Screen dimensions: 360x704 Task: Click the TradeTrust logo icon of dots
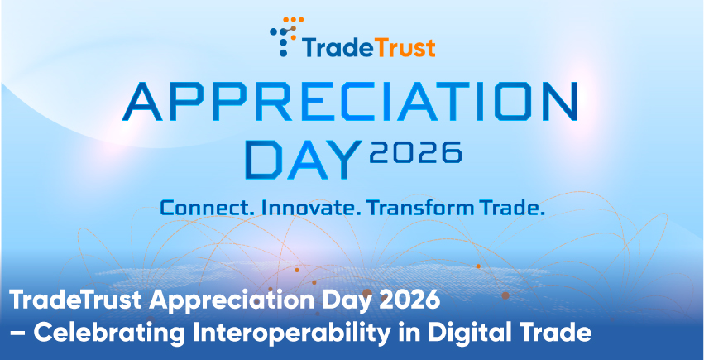286,36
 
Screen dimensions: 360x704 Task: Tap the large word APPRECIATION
351,102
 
